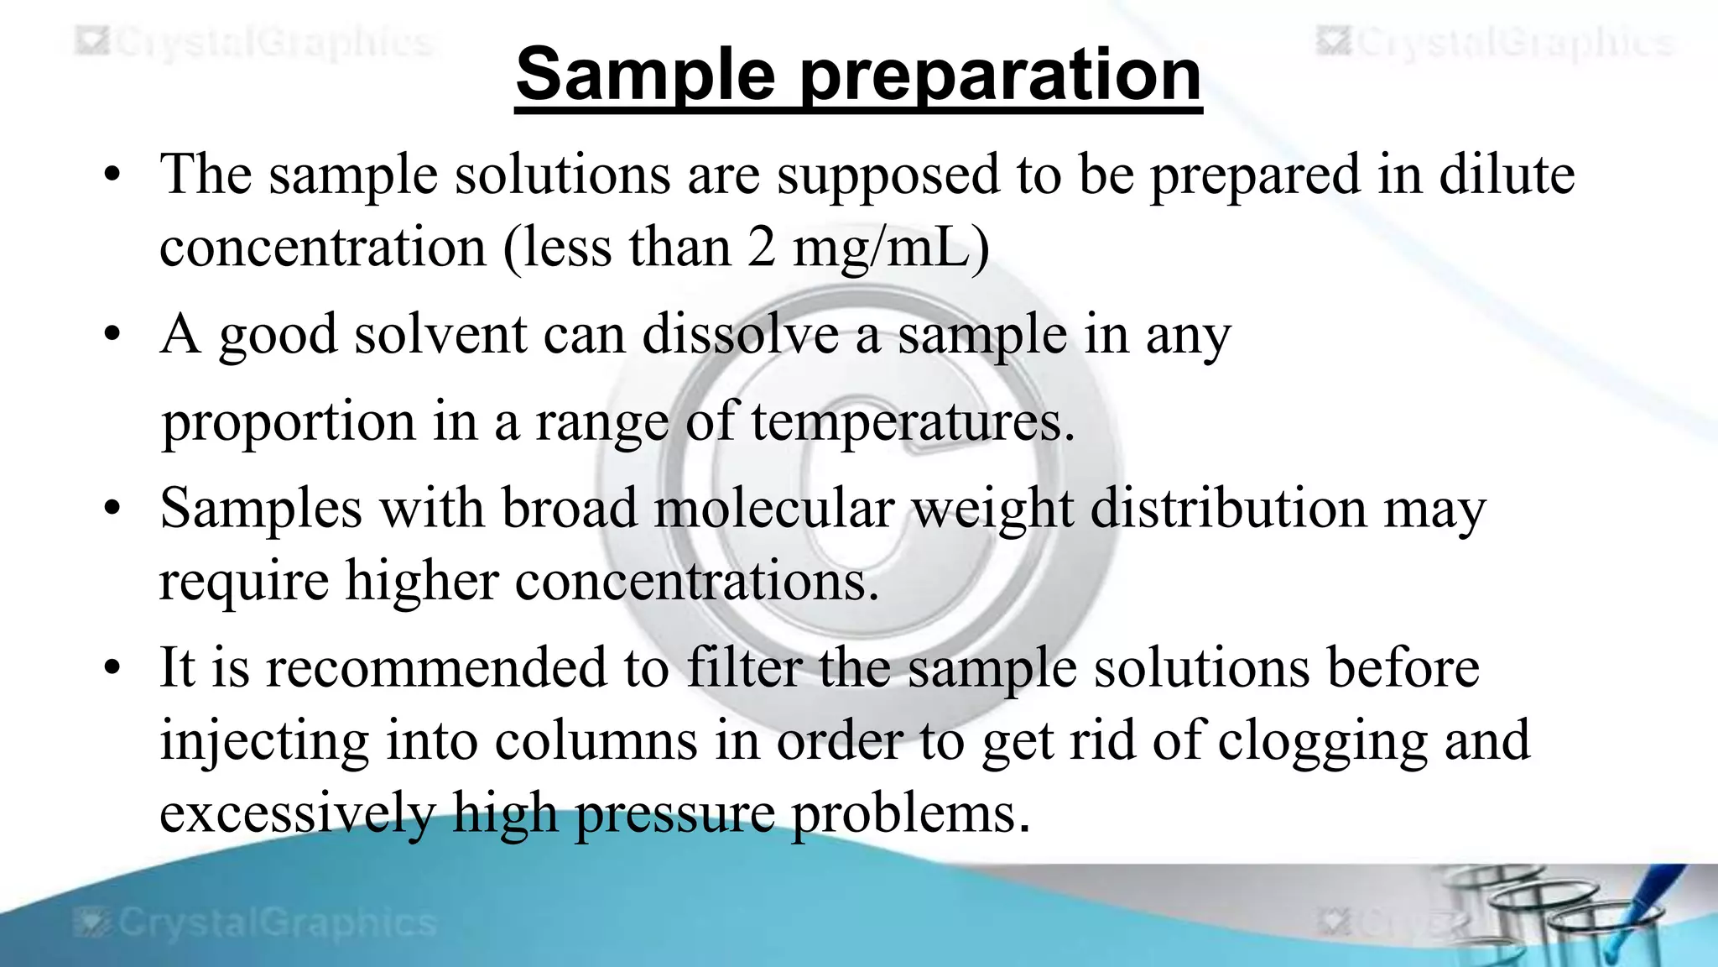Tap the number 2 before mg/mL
761,248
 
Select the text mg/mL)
891,249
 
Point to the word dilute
1507,175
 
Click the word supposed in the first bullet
888,176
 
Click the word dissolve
741,334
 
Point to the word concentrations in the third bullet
696,581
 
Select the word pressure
674,814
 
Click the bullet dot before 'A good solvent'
112,335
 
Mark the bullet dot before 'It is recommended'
112,669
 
